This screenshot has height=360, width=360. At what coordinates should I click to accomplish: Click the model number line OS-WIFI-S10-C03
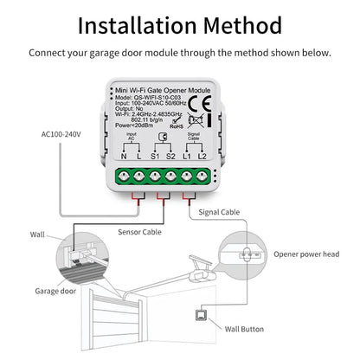tap(171, 95)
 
